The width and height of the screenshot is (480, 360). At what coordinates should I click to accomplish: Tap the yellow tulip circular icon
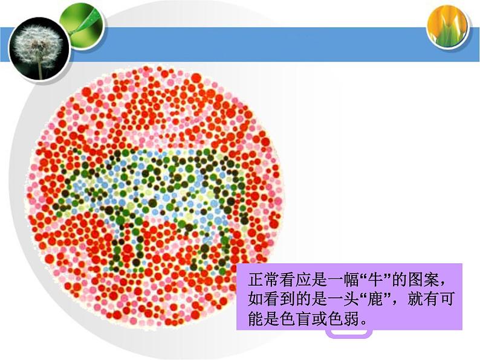pyautogui.click(x=448, y=26)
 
